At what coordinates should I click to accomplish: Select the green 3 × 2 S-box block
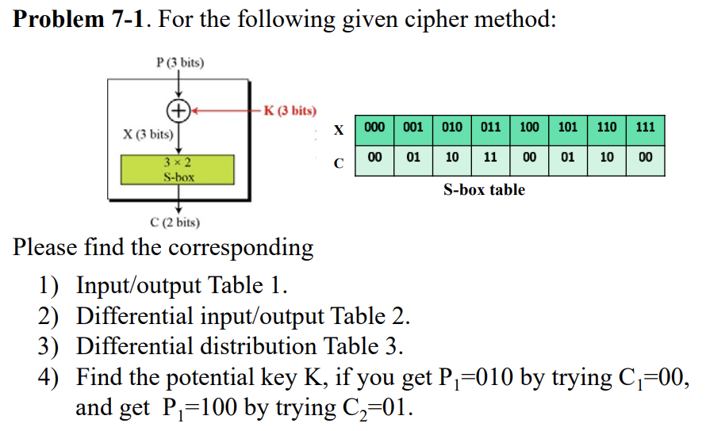(178, 170)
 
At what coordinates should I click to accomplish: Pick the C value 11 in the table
(490, 157)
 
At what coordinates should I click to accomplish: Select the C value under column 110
(606, 157)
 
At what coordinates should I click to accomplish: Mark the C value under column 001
(413, 157)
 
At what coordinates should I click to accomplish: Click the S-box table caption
(484, 190)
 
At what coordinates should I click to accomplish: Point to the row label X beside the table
(340, 128)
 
